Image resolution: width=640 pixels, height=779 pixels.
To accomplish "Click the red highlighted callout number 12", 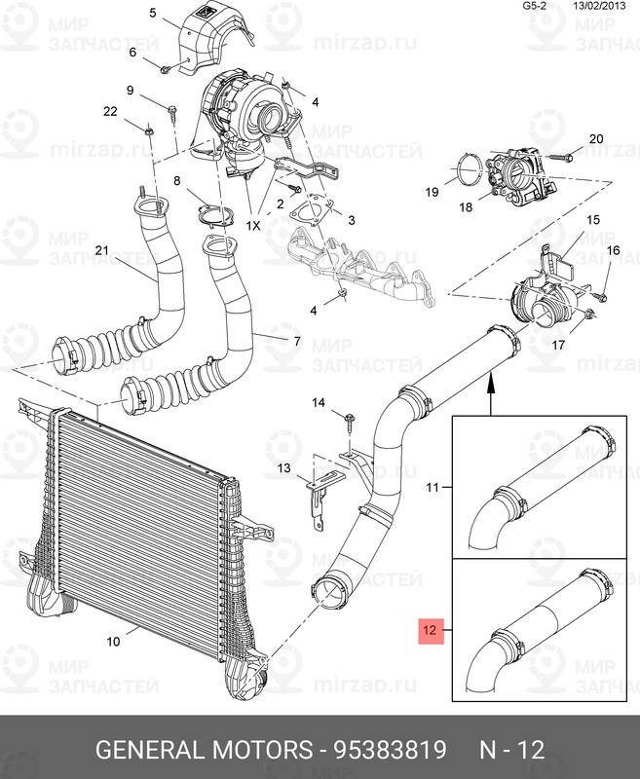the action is click(x=431, y=630).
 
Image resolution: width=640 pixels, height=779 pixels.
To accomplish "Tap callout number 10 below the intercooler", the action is click(x=113, y=642).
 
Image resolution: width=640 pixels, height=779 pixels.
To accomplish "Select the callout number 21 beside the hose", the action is click(x=102, y=250).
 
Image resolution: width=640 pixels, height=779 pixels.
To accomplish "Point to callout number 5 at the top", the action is click(x=153, y=13).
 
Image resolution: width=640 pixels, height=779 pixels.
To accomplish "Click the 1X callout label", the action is click(x=253, y=226).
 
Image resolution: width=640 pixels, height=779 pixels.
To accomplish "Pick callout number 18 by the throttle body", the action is click(x=466, y=206).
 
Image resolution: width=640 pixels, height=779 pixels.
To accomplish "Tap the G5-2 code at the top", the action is click(x=535, y=6).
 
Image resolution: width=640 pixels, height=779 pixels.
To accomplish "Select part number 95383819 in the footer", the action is click(x=390, y=749).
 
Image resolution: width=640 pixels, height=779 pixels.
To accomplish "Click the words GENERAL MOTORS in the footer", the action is click(x=205, y=749).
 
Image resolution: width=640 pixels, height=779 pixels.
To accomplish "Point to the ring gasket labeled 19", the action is click(x=470, y=168).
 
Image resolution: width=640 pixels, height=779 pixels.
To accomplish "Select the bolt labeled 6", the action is click(x=166, y=69).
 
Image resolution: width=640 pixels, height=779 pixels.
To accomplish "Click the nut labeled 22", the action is click(x=149, y=132).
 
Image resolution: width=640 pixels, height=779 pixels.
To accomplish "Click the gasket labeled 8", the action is click(x=215, y=216).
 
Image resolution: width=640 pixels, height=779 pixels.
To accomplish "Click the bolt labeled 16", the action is click(x=601, y=297).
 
